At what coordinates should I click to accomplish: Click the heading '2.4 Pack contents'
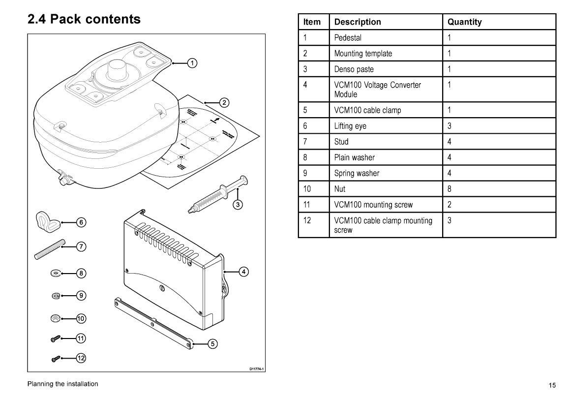click(x=84, y=20)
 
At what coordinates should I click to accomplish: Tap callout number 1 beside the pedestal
click(x=192, y=62)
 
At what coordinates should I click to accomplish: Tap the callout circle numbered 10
click(x=81, y=319)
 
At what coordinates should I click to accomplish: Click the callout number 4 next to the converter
click(x=242, y=271)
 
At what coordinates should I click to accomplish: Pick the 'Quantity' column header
click(x=464, y=22)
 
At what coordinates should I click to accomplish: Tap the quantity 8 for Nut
click(x=449, y=188)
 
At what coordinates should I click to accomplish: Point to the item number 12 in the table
click(x=307, y=220)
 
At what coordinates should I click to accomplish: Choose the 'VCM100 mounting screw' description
click(x=373, y=204)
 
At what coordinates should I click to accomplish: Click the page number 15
click(x=552, y=385)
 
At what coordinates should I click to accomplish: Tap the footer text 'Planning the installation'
click(x=62, y=384)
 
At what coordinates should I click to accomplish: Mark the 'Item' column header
click(x=312, y=22)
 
